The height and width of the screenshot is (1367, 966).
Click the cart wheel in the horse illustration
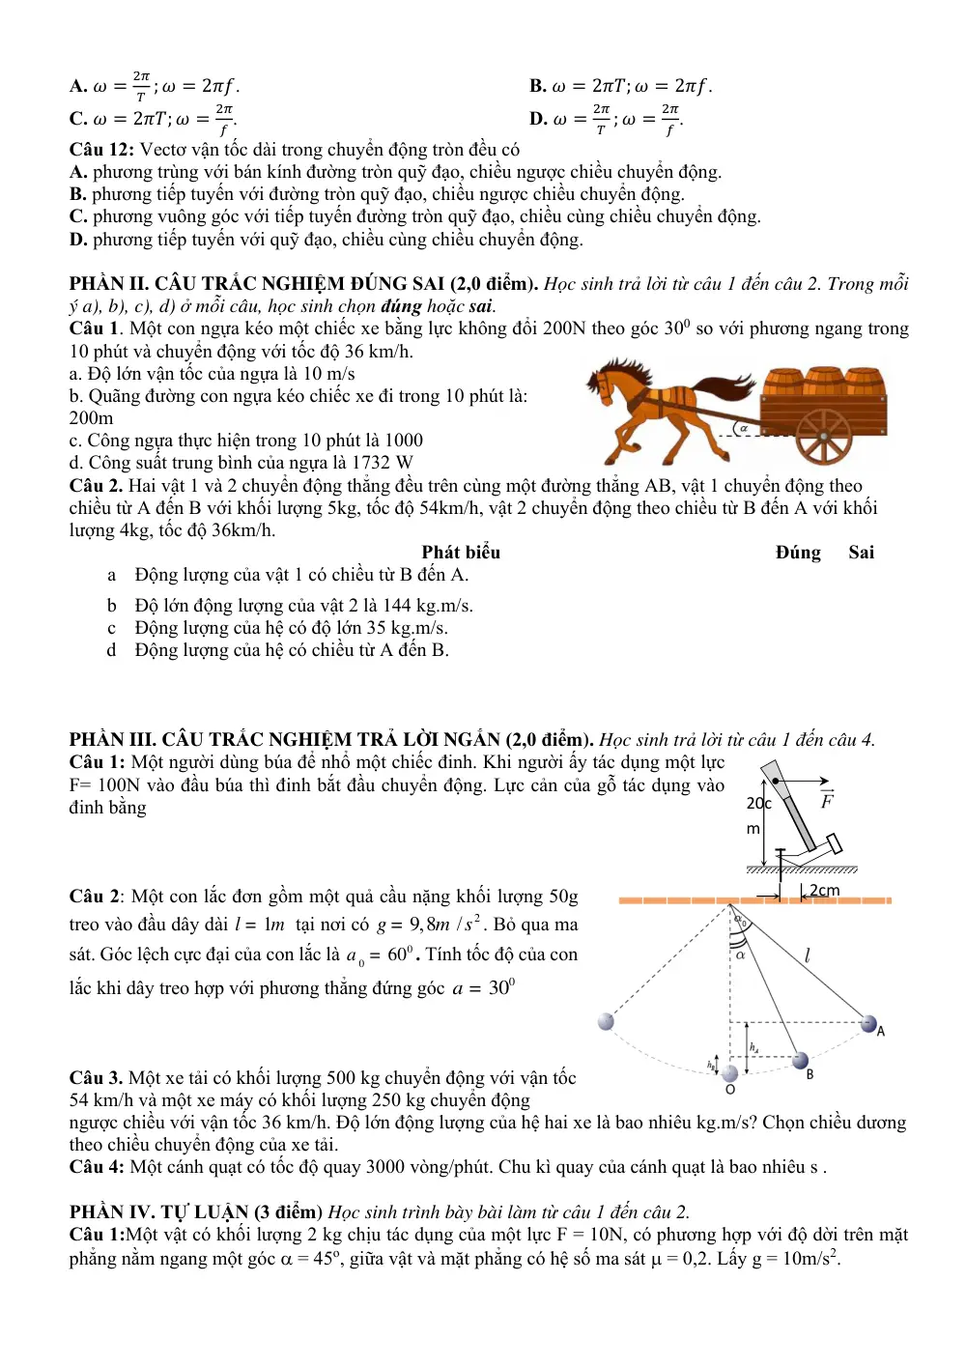click(x=823, y=436)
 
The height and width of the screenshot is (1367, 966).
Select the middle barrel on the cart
click(x=825, y=381)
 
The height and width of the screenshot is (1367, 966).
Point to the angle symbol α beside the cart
click(x=743, y=428)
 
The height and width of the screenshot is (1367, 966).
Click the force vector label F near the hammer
click(x=827, y=799)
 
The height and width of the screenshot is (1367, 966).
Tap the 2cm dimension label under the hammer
click(x=824, y=891)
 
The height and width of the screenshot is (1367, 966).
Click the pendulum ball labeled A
click(x=868, y=1024)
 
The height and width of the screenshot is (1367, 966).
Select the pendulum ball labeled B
click(x=800, y=1061)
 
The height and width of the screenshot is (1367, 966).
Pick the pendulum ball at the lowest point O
click(x=730, y=1073)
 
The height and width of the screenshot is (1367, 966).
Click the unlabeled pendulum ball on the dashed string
click(x=606, y=1021)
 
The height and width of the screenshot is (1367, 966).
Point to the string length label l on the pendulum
click(x=808, y=954)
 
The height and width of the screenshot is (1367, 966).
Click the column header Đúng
click(x=798, y=553)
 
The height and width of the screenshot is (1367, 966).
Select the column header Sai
click(x=861, y=553)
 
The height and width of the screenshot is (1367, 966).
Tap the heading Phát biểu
click(x=461, y=553)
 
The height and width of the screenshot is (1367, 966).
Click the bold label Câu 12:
click(x=101, y=150)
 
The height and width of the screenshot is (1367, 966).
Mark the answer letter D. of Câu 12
click(x=78, y=240)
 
